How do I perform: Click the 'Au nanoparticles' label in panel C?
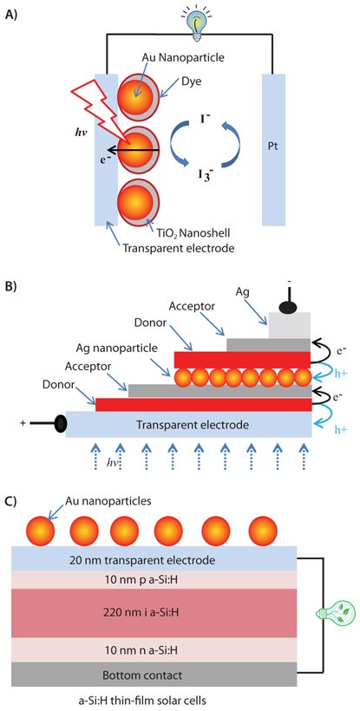click(95, 500)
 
